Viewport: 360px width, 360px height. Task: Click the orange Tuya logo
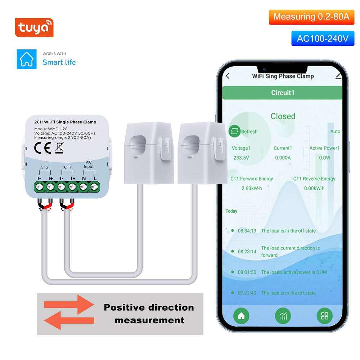click(34, 28)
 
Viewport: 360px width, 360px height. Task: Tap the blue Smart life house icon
click(27, 59)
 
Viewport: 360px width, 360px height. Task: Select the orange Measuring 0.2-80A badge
click(311, 17)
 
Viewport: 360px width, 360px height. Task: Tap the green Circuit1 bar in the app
click(283, 93)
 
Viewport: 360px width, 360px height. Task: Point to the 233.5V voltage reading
click(241, 157)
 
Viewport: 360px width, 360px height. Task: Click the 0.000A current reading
click(283, 157)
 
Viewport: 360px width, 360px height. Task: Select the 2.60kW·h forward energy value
click(252, 188)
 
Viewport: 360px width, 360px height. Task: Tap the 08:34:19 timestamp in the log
click(247, 231)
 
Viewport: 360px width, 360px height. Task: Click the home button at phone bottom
click(241, 316)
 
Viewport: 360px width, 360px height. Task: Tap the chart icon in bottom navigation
click(283, 316)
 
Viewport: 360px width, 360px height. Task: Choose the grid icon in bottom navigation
click(325, 316)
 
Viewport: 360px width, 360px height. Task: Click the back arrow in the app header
click(228, 76)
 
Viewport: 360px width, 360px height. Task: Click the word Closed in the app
click(283, 116)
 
